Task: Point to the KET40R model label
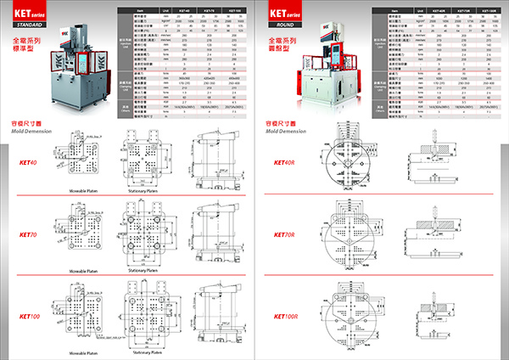285,163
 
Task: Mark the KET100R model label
286,316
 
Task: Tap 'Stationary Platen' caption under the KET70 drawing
145,270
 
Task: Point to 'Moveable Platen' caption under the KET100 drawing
88,351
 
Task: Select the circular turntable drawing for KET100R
348,315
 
